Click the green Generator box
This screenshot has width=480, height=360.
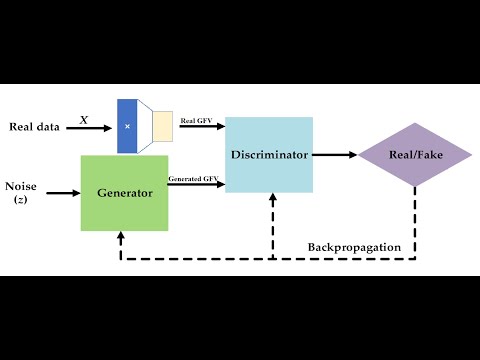pos(125,192)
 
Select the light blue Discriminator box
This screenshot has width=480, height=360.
pos(268,154)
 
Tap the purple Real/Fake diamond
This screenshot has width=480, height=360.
pos(415,155)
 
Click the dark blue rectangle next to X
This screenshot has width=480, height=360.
pos(127,126)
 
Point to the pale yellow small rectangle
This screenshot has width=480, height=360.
pos(162,125)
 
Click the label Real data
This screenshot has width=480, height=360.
pos(34,126)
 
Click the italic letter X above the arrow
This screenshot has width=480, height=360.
pos(84,119)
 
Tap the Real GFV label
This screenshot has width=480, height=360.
pos(194,121)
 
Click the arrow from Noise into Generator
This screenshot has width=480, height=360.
pos(62,192)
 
